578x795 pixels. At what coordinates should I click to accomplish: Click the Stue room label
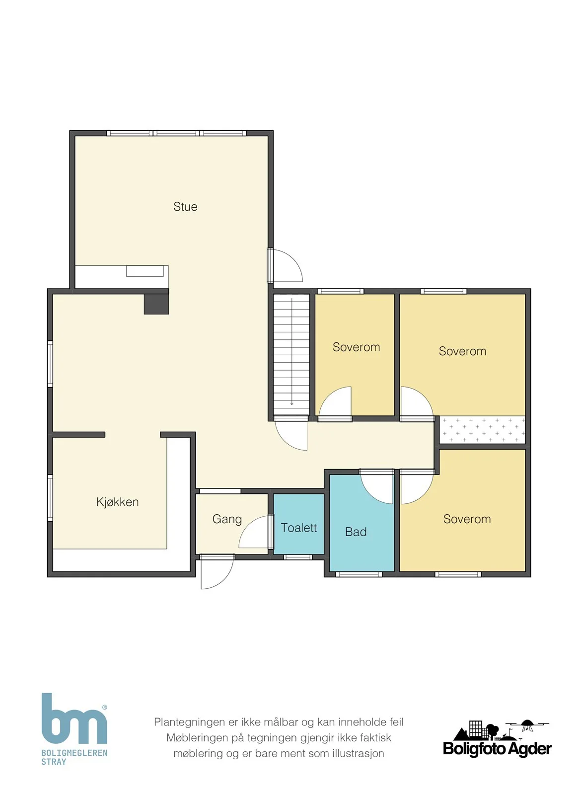tap(185, 207)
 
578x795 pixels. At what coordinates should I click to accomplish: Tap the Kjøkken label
tap(117, 502)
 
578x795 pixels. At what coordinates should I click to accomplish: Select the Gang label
tap(227, 519)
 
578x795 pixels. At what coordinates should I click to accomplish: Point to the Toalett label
tap(298, 528)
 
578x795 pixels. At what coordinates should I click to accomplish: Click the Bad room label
tap(356, 532)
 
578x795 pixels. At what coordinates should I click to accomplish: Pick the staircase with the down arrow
tap(291, 355)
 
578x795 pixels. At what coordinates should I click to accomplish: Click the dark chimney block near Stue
tap(156, 304)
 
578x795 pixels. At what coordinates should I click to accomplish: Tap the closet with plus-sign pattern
tap(482, 429)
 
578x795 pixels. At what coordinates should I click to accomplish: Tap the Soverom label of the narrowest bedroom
tap(356, 347)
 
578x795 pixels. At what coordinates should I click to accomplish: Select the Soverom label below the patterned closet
tap(467, 519)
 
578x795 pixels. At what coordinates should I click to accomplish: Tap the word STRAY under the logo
tap(54, 762)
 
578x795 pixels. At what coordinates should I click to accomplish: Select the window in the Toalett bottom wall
tap(298, 557)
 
